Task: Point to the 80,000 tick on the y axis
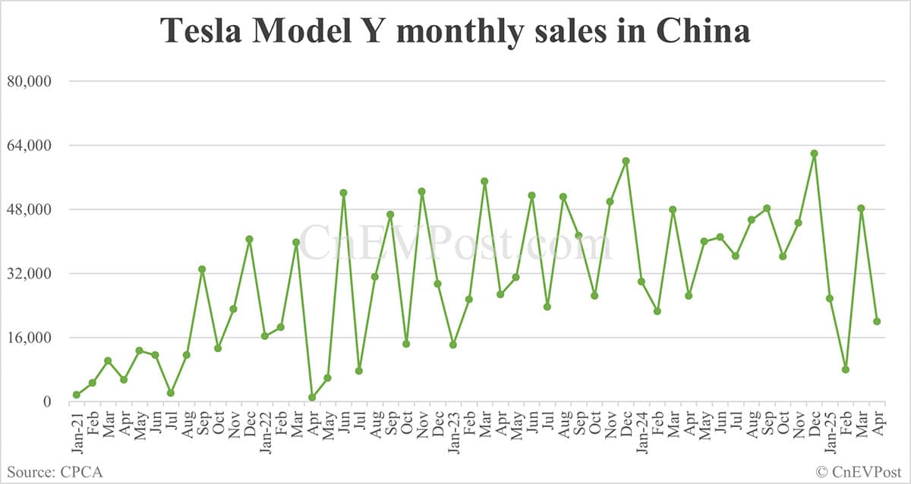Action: click(x=27, y=81)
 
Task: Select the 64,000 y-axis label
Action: click(x=27, y=145)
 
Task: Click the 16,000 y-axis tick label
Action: click(x=27, y=338)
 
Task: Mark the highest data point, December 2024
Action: click(x=814, y=153)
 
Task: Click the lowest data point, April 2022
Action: click(x=312, y=398)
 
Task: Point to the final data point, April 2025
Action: click(x=877, y=322)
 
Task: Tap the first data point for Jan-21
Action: click(x=77, y=394)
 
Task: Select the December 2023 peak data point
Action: click(x=626, y=161)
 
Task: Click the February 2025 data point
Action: click(x=845, y=369)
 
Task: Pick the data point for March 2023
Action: click(x=484, y=181)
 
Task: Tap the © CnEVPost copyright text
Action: click(x=859, y=472)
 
